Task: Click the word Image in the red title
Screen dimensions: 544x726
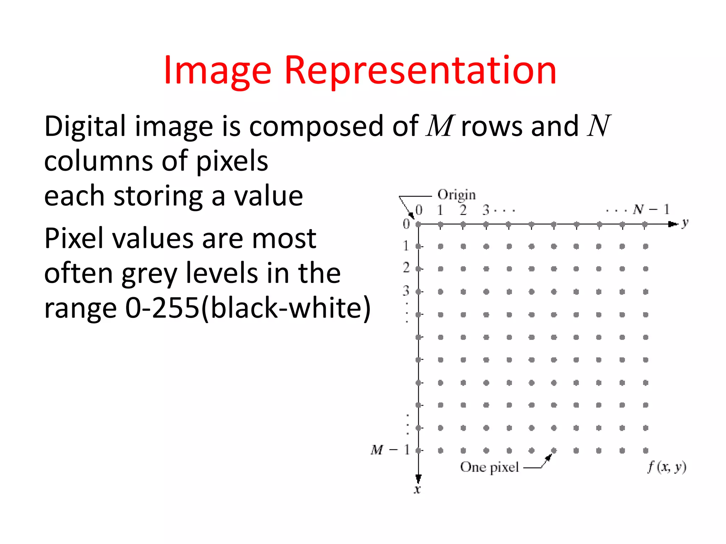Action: [217, 72]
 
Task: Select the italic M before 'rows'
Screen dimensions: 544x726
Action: [440, 126]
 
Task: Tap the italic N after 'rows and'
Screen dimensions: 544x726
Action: [599, 126]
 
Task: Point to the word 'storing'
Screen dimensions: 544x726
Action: [158, 197]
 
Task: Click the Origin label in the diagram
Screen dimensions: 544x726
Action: [457, 195]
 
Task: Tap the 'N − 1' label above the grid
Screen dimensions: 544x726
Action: [651, 209]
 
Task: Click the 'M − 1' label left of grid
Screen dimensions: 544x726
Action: [390, 450]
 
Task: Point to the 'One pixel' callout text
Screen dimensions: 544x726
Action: [489, 467]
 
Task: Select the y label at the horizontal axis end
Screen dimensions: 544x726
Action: [685, 223]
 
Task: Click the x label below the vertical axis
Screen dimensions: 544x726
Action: [417, 490]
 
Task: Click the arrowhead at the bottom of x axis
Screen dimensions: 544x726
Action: [418, 478]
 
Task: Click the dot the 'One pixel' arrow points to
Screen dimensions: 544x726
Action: [554, 450]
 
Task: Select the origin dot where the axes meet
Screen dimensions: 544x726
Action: [418, 224]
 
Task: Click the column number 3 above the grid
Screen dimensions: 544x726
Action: [486, 210]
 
